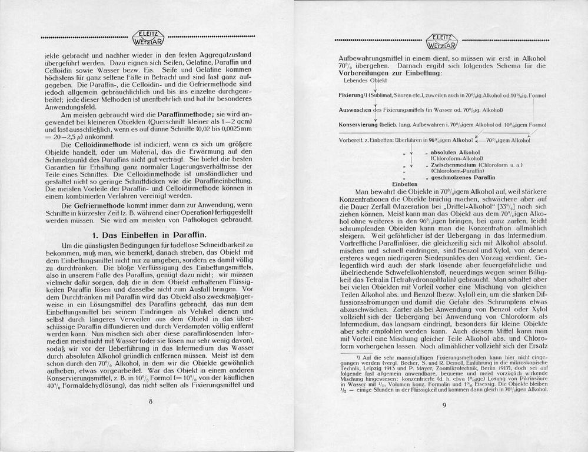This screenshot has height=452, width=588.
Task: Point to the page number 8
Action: [151, 401]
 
